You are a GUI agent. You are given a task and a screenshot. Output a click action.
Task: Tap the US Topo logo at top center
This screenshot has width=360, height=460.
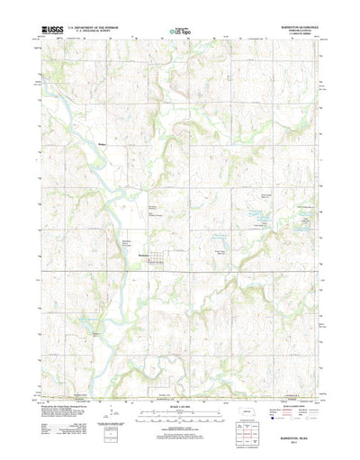180,32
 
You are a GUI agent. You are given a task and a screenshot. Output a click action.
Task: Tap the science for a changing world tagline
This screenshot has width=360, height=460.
42,36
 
